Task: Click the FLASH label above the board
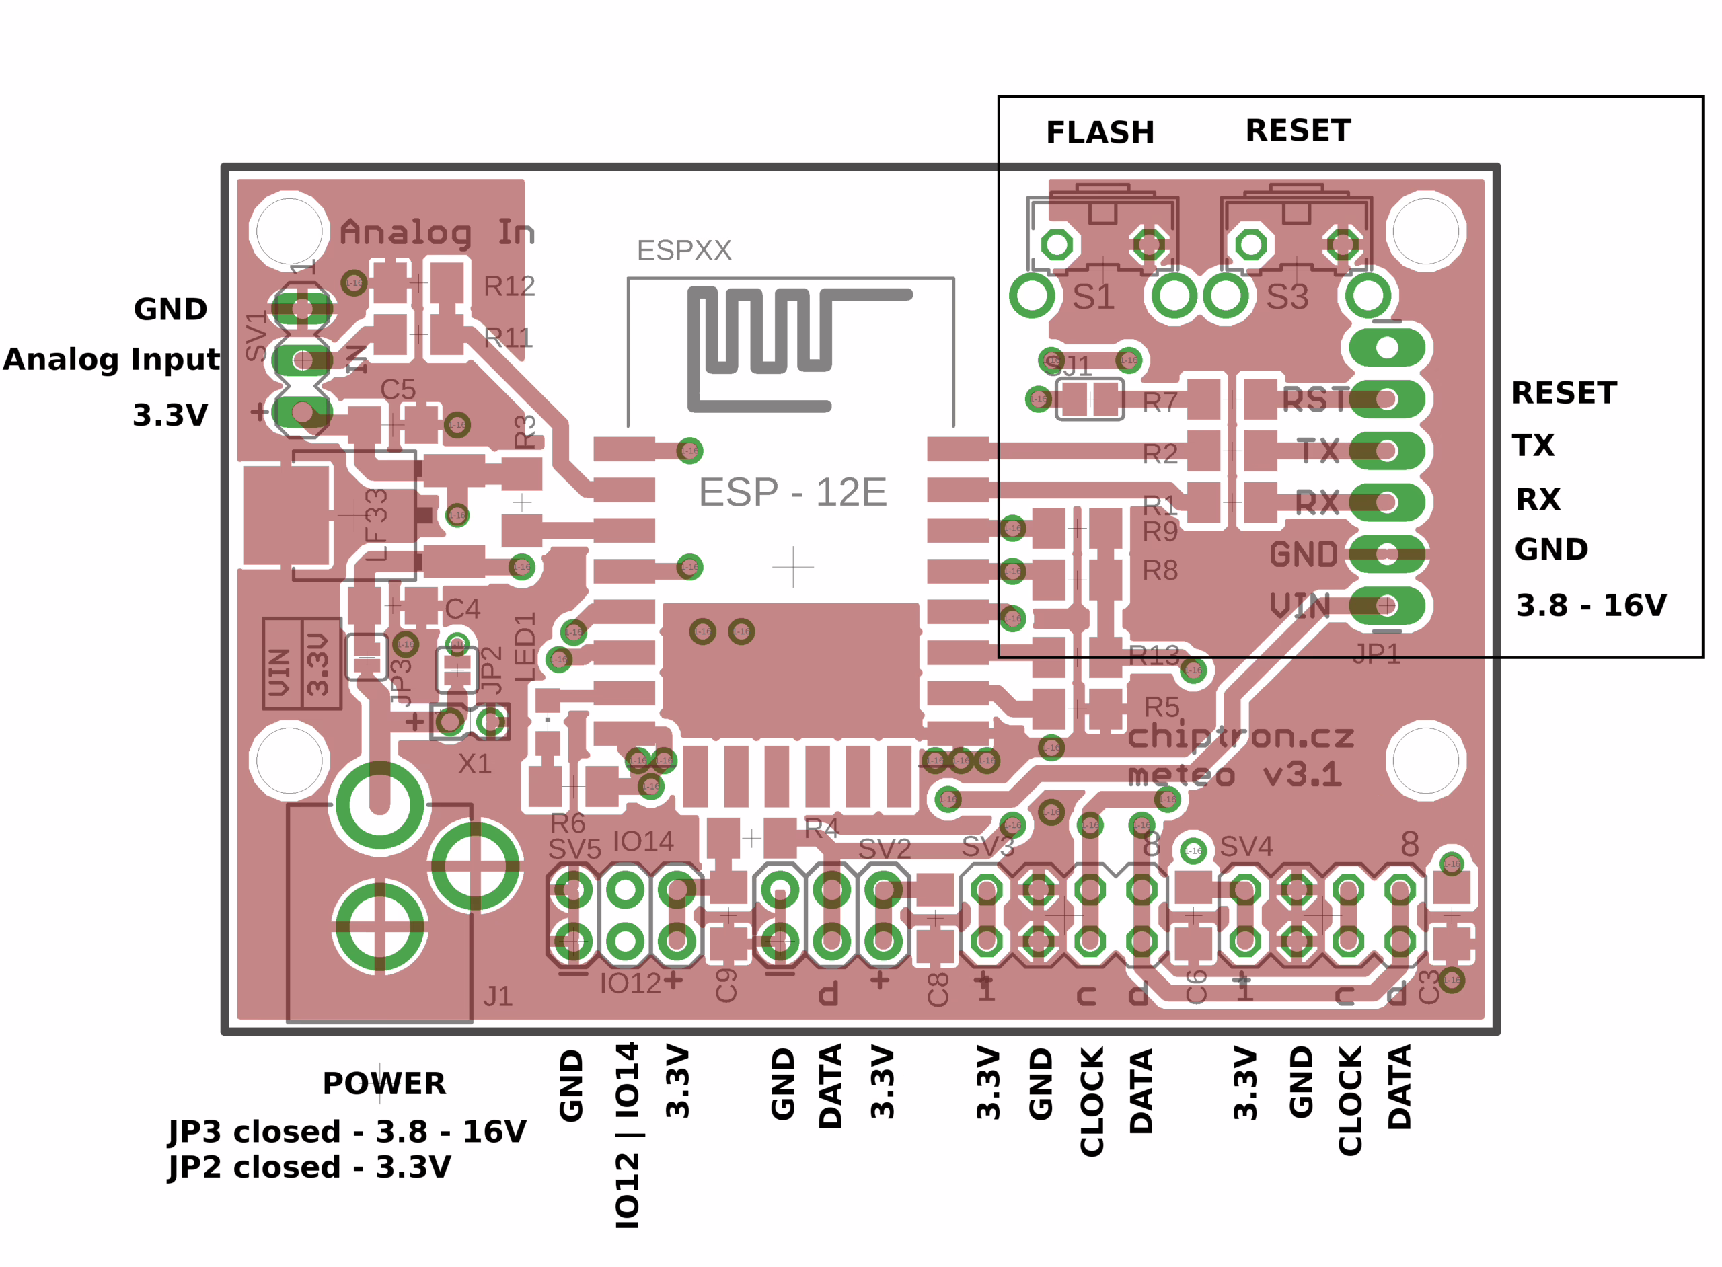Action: pyautogui.click(x=1099, y=132)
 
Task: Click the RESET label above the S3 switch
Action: pyautogui.click(x=1297, y=130)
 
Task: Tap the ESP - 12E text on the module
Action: pyautogui.click(x=792, y=492)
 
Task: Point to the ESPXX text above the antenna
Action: pyautogui.click(x=683, y=251)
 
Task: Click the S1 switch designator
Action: pyautogui.click(x=1093, y=297)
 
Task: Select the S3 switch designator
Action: pyautogui.click(x=1287, y=297)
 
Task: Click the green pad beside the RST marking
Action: pyautogui.click(x=1387, y=399)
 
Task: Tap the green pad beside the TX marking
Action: pyautogui.click(x=1387, y=450)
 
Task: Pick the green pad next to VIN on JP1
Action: pyautogui.click(x=1387, y=606)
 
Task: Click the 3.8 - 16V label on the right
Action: pyautogui.click(x=1591, y=606)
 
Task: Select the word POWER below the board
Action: pyautogui.click(x=383, y=1083)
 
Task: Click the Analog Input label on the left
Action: pyautogui.click(x=111, y=359)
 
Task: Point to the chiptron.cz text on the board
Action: pyautogui.click(x=1240, y=736)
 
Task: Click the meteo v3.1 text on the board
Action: pyautogui.click(x=1235, y=775)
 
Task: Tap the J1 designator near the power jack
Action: pyautogui.click(x=498, y=996)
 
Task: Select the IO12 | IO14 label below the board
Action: pyautogui.click(x=627, y=1135)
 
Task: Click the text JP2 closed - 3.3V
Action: pyautogui.click(x=309, y=1167)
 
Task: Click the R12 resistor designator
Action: pyautogui.click(x=509, y=286)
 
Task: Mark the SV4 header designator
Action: pyautogui.click(x=1246, y=847)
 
